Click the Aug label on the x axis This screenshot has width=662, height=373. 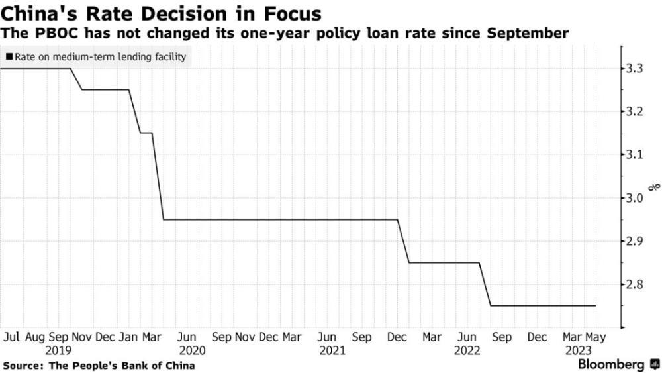click(x=36, y=337)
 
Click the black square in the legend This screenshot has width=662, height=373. click(x=8, y=57)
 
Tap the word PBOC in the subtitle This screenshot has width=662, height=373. click(x=48, y=33)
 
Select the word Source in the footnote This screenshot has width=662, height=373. click(x=21, y=366)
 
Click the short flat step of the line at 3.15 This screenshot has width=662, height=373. click(x=146, y=133)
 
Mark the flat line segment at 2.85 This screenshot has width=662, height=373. click(x=444, y=262)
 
